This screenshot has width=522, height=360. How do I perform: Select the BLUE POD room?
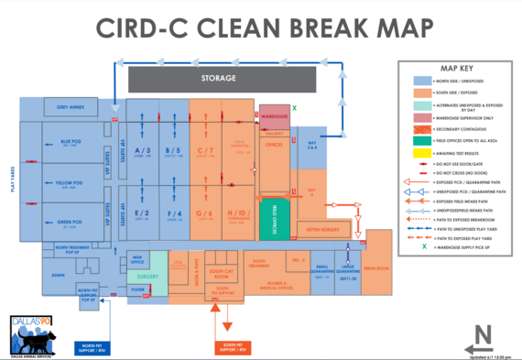[71, 143]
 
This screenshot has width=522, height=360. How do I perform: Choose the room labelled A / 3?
[142, 152]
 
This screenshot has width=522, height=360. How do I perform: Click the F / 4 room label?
[173, 215]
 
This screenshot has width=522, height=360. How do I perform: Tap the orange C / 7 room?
[205, 152]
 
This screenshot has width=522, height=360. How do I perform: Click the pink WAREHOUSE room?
[275, 117]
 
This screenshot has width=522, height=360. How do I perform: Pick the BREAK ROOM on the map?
[375, 268]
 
